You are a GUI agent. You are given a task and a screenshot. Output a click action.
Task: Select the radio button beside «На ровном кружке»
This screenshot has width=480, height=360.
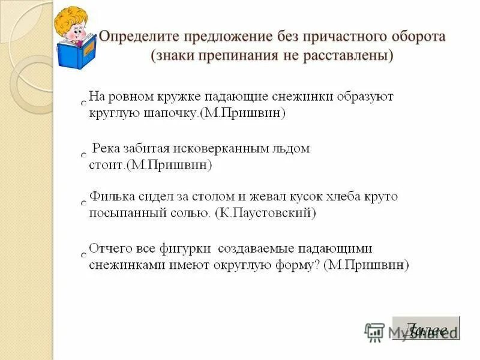pos(84,104)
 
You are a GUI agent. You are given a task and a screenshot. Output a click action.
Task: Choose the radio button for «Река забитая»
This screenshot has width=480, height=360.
pos(84,155)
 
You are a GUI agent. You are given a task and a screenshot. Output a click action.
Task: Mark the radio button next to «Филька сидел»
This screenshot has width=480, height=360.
pos(84,204)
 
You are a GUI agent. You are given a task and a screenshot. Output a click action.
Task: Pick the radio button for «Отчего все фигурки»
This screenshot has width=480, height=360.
pos(84,255)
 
